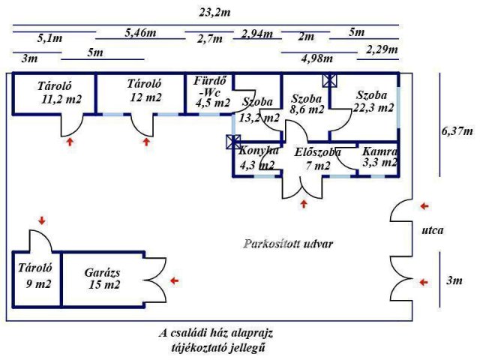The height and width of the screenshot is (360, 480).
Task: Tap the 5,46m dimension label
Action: (x=141, y=33)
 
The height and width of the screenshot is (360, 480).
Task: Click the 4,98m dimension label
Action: (x=316, y=58)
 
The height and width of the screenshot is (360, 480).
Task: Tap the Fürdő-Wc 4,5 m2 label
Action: (x=211, y=91)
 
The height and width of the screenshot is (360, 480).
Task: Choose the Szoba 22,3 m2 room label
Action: (x=376, y=101)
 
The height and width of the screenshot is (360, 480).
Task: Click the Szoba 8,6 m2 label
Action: (x=306, y=103)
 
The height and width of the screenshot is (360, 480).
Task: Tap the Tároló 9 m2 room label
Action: (x=34, y=275)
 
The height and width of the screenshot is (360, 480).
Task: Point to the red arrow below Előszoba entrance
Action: (x=304, y=203)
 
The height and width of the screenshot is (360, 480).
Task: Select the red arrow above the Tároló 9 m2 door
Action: (x=41, y=220)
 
